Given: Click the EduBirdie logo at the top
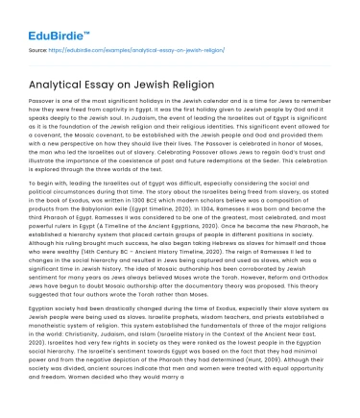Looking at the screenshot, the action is (45, 16).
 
